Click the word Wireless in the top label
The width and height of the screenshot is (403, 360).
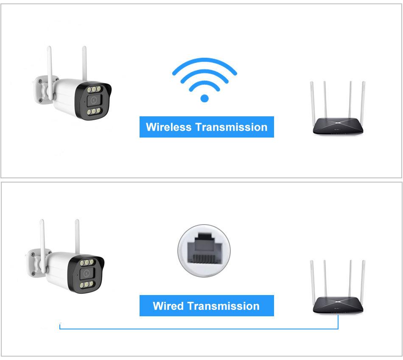point(168,127)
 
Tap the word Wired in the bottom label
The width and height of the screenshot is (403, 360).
point(168,306)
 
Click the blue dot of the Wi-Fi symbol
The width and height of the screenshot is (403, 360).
point(204,98)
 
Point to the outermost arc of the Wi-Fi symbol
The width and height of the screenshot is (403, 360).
point(204,64)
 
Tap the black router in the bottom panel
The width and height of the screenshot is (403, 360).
point(338,306)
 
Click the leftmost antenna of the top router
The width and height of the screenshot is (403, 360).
point(313,102)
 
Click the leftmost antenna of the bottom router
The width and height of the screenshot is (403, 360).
point(313,280)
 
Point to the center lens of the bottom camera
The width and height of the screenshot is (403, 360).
point(87,274)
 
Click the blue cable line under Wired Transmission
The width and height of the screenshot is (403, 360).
point(199,329)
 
